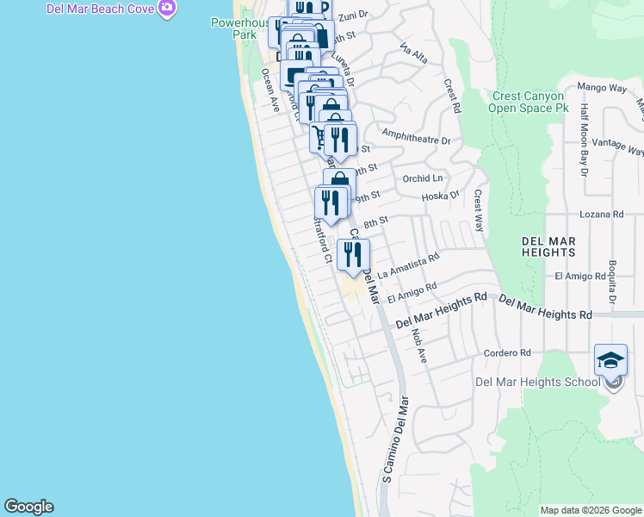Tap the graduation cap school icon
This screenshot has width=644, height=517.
610,360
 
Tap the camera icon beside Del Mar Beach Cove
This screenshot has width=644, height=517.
167,9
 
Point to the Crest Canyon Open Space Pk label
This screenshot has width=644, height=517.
529,103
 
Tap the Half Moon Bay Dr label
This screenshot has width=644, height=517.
584,140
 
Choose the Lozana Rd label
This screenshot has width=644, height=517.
601,214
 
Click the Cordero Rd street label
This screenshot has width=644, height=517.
507,352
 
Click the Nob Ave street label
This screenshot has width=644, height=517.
419,345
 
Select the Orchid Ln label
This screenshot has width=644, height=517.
422,178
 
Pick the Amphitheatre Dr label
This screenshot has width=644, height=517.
417,140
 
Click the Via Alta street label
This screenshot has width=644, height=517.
413,57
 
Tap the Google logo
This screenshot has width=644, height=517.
28,507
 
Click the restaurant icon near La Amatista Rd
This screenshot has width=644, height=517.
353,254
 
